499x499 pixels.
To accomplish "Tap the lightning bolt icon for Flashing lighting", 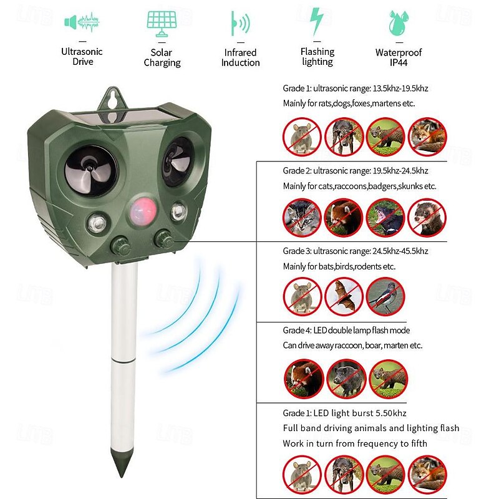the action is click(x=317, y=21).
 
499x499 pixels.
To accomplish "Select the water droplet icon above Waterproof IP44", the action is click(x=399, y=23).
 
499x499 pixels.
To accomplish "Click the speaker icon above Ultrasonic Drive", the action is click(x=82, y=22).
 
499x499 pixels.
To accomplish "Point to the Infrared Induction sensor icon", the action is click(x=240, y=24).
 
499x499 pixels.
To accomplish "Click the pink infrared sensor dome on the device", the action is click(x=143, y=210).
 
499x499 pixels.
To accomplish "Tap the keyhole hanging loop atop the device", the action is click(x=112, y=101).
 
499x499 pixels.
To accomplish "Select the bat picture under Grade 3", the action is click(x=344, y=296).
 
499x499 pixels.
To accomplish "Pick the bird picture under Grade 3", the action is click(x=385, y=296).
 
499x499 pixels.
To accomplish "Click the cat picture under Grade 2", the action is click(x=302, y=218).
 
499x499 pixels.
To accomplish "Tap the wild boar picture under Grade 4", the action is click(x=346, y=379).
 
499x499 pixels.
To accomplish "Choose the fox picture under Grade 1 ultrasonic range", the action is click(x=427, y=137).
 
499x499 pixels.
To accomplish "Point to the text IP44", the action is click(x=399, y=62).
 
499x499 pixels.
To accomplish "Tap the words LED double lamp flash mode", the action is click(x=362, y=331).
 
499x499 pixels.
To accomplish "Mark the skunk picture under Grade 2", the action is click(x=385, y=218).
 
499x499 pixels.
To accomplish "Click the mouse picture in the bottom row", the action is click(x=302, y=475).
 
